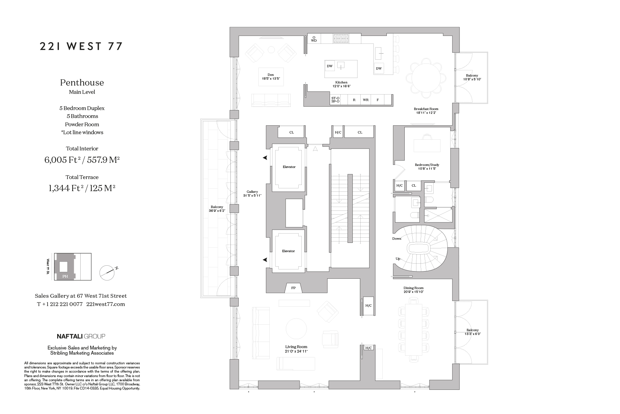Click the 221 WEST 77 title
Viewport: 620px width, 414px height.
(81, 47)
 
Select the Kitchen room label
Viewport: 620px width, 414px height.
(341, 84)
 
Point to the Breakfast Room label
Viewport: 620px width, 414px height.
(426, 111)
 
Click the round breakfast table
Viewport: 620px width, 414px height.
(426, 78)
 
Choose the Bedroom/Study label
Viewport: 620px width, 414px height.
(427, 167)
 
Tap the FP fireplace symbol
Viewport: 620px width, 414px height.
(293, 288)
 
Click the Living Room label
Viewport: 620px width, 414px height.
(296, 349)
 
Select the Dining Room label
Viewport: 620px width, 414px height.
(414, 290)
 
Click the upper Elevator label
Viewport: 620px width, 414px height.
(289, 167)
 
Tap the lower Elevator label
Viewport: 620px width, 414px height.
(288, 251)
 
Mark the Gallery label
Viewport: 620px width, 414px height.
(252, 194)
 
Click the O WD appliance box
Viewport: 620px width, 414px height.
(314, 39)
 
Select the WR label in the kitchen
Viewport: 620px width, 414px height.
(365, 100)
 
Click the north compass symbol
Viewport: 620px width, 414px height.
(107, 272)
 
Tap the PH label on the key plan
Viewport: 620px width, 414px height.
(65, 276)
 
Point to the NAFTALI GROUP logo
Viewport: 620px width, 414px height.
(81, 336)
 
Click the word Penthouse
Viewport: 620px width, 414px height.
(82, 82)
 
